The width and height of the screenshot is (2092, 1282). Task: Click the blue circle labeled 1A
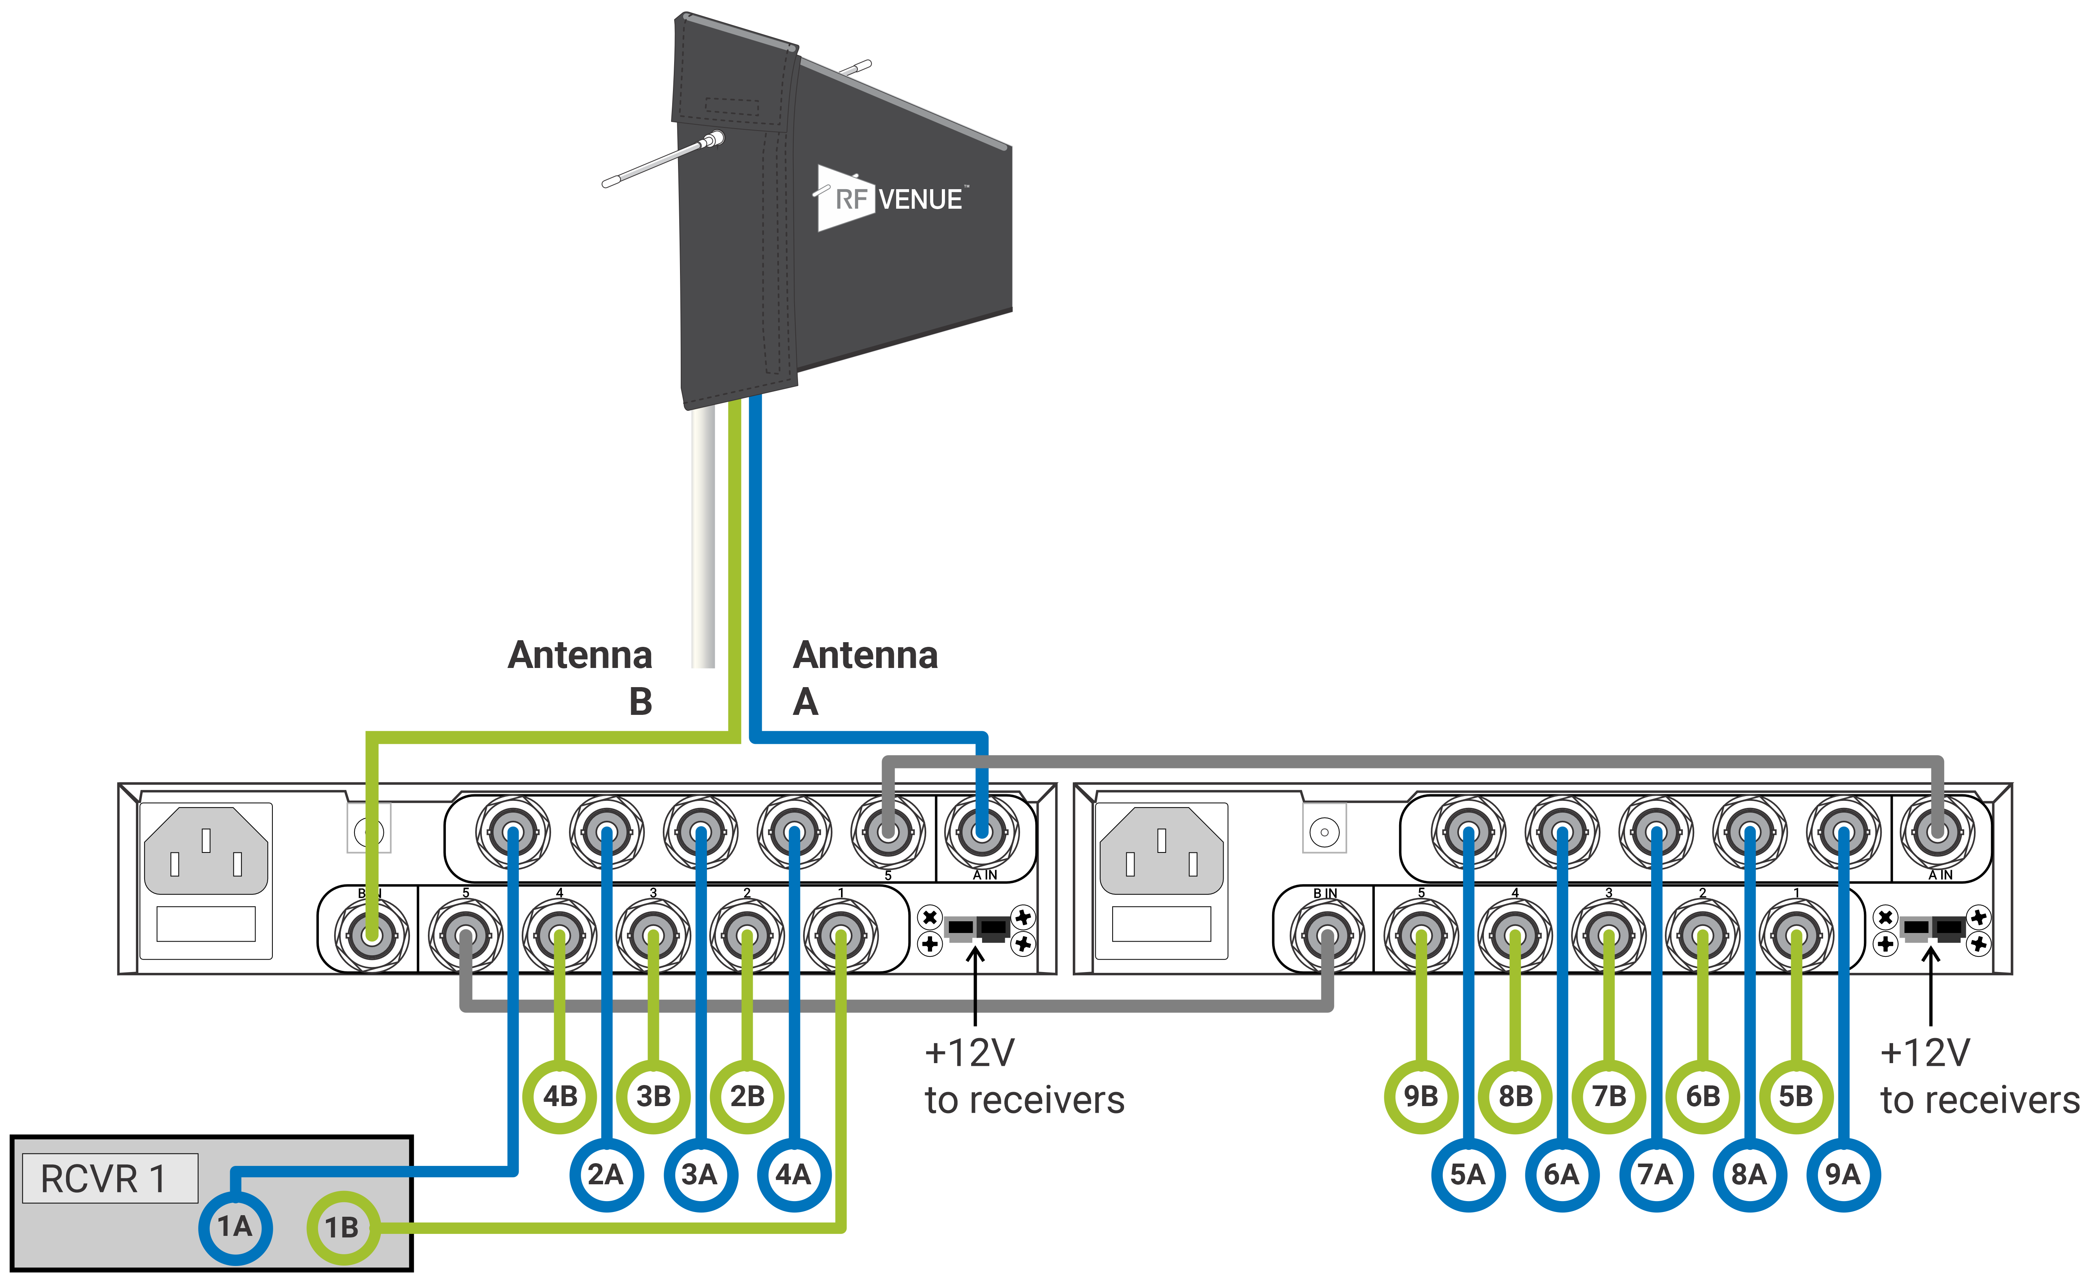(235, 1227)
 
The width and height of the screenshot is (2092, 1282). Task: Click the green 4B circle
(560, 1096)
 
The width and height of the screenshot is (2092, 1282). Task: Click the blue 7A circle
(1655, 1174)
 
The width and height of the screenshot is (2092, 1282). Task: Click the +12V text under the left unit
(970, 1053)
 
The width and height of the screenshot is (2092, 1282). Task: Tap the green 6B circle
(1702, 1096)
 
